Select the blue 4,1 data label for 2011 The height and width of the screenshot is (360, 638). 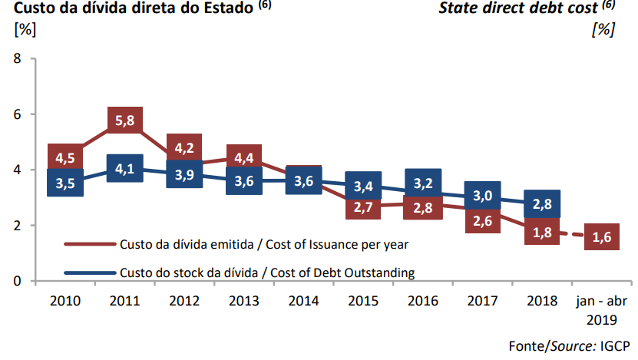(124, 168)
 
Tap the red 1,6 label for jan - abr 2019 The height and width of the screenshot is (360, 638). (602, 239)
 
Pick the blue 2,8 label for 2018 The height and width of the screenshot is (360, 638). (542, 204)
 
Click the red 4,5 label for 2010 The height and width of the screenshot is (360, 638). (65, 158)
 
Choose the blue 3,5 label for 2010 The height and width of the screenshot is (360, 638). (65, 184)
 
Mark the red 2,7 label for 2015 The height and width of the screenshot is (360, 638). (363, 207)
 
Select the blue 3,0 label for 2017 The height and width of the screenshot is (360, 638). (482, 197)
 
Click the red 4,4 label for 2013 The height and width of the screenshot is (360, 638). (244, 158)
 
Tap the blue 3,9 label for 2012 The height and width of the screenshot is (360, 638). (184, 174)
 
